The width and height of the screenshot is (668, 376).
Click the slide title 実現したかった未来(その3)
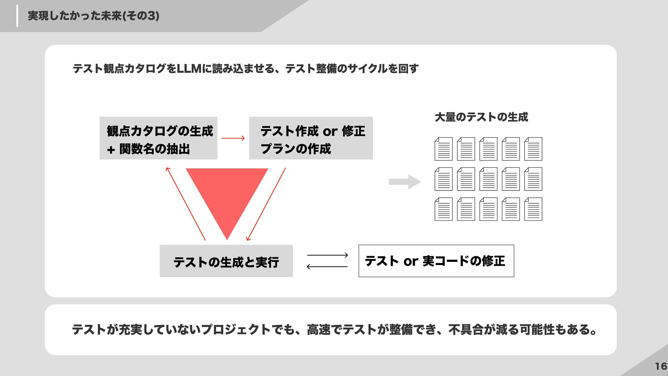tap(93, 16)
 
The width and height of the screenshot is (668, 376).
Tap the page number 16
tap(661, 366)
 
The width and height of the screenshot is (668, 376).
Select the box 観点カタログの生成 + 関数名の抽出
tap(158, 138)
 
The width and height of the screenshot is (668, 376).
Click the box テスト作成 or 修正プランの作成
tap(311, 138)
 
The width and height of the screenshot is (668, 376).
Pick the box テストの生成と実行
tap(226, 261)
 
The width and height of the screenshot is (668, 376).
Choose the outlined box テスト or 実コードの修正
tap(436, 261)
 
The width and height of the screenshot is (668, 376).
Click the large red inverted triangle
tap(227, 195)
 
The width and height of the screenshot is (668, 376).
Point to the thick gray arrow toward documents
tap(405, 182)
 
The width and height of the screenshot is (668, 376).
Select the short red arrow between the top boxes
tap(233, 138)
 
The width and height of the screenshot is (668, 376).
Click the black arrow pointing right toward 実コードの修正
tap(327, 255)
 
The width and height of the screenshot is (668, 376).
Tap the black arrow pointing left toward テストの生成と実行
tap(327, 267)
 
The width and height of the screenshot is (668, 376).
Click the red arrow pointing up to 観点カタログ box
tap(186, 204)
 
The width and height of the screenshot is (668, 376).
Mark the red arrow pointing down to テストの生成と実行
tap(266, 204)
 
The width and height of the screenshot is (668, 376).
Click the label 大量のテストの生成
tap(481, 117)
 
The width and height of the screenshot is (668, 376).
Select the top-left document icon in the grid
tap(444, 149)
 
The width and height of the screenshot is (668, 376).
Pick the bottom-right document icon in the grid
tap(533, 209)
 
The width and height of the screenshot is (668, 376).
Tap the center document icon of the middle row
tap(488, 179)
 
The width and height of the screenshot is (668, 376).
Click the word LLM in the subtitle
tap(189, 69)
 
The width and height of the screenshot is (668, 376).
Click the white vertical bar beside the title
tap(17, 16)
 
